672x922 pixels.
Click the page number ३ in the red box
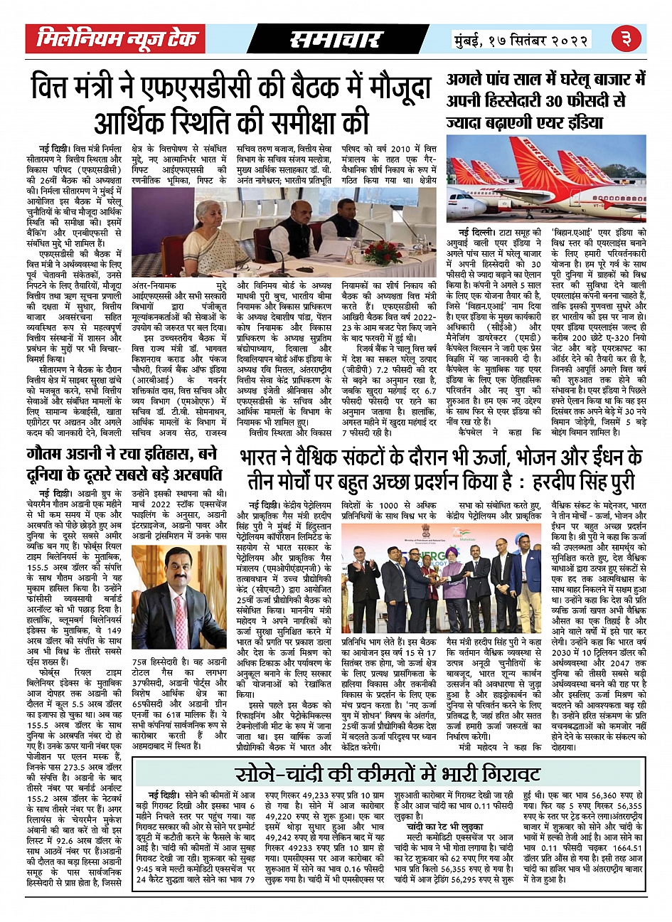627,39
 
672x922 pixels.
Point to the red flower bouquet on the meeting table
383,250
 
